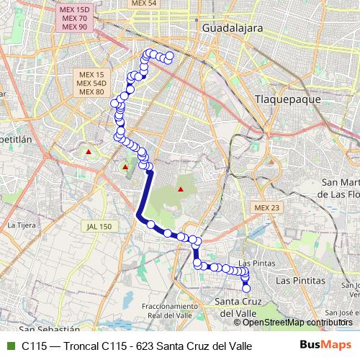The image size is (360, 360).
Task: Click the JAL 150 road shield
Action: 98,226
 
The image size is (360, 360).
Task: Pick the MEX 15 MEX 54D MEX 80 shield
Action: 91,83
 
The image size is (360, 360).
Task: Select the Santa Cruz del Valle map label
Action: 238,307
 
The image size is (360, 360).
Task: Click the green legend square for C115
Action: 9,346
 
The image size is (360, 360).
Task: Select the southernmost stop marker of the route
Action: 246,289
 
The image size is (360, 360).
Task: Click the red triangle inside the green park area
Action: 181,190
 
